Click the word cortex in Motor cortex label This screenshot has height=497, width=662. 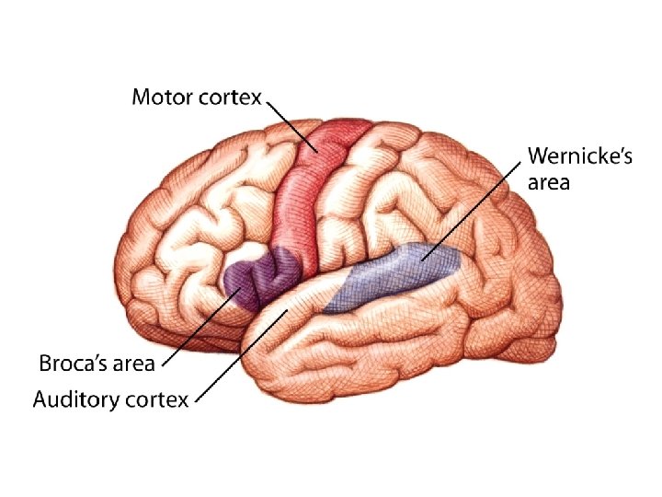click(231, 97)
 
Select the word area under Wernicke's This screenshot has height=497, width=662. click(549, 182)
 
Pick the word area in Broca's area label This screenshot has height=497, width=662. click(131, 364)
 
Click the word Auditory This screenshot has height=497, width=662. click(79, 400)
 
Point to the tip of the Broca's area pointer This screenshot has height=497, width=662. click(240, 289)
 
